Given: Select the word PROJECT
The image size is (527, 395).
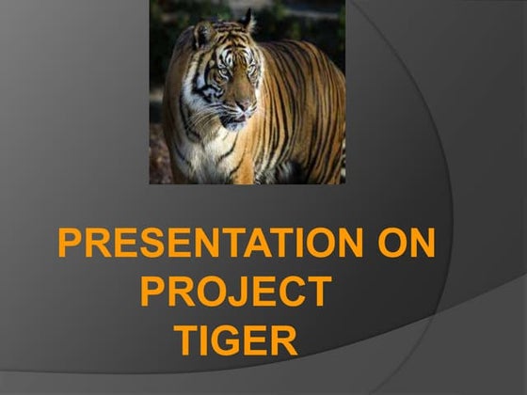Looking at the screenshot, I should [x=235, y=292].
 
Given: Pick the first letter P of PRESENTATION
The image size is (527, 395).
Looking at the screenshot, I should [x=71, y=245].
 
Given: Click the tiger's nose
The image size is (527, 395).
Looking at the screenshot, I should [x=243, y=110].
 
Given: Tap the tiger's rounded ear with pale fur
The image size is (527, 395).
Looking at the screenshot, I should [x=201, y=36].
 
